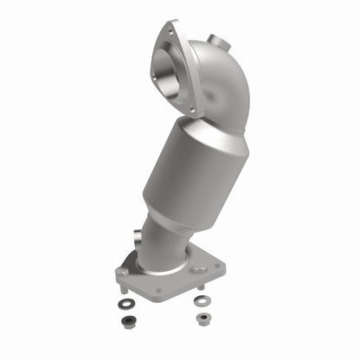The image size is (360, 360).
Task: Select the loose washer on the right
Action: point(202,301)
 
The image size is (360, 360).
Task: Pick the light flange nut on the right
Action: point(202,318)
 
